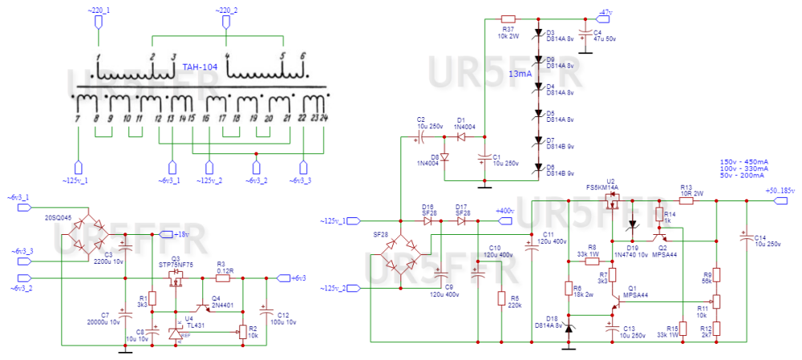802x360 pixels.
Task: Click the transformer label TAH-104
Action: (196, 67)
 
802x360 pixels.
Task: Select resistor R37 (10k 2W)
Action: (508, 18)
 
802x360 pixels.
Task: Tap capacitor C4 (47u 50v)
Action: (585, 36)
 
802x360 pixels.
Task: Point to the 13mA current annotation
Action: (519, 74)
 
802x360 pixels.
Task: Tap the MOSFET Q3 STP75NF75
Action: (176, 278)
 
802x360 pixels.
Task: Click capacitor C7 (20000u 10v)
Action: (124, 312)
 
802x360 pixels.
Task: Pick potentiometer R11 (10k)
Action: (717, 301)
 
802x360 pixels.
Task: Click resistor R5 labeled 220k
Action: (502, 301)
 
